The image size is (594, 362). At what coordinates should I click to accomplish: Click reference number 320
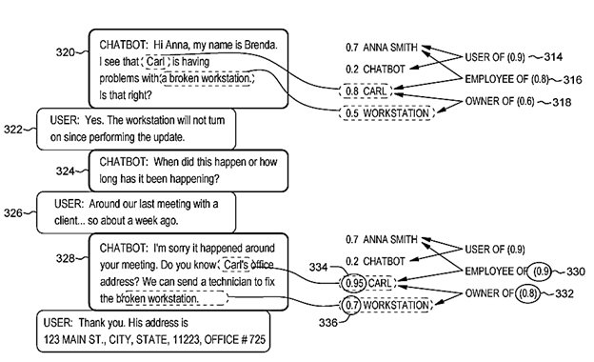65,52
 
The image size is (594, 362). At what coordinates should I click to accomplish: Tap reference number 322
13,130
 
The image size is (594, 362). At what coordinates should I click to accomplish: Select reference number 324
65,171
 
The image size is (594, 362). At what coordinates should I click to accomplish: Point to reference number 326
13,213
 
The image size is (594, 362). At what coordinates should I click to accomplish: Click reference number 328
65,258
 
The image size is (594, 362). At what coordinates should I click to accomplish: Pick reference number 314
553,57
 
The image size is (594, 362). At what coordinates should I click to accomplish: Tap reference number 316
572,80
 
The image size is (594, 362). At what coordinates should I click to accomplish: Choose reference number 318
562,102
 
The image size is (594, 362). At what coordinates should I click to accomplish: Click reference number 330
575,271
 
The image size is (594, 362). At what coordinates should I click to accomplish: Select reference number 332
564,293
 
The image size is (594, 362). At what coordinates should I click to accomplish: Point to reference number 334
318,268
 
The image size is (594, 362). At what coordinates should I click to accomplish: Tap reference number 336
328,323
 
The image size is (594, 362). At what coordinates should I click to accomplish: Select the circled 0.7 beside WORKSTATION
351,305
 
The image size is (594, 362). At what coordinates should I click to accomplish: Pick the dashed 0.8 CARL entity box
366,90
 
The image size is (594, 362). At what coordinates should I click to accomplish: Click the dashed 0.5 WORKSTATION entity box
386,113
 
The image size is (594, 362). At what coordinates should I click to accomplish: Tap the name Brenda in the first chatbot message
261,45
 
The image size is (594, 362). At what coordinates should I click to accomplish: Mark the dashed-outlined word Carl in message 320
155,61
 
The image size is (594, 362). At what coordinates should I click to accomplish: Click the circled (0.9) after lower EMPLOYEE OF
541,271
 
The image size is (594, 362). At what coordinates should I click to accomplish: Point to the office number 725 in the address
258,339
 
